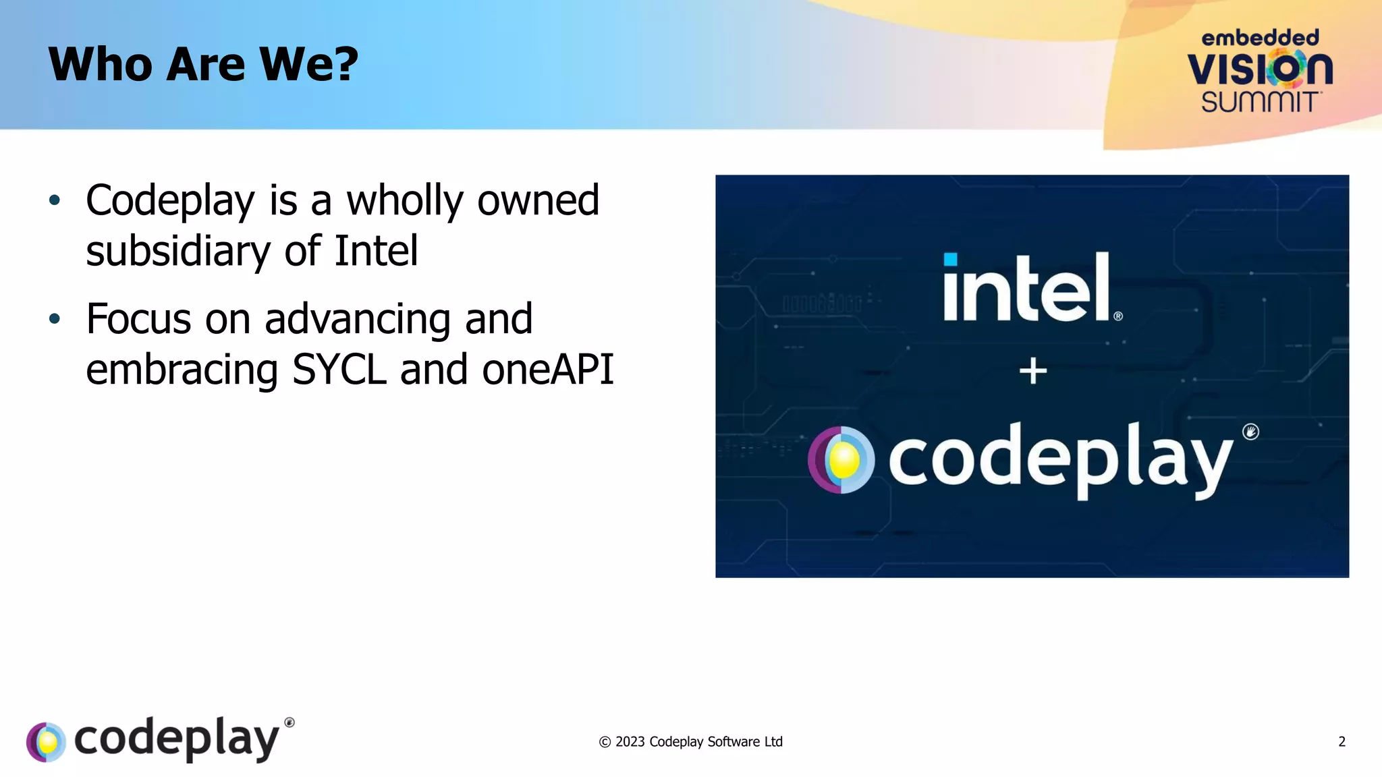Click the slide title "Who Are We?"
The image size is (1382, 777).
tap(203, 65)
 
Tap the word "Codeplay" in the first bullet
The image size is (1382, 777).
tap(170, 201)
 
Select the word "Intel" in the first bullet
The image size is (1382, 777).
tap(376, 252)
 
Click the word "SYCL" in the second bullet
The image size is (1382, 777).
tap(339, 370)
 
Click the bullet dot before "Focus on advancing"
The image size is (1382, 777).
tap(55, 319)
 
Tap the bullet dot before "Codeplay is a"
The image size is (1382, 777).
tap(55, 200)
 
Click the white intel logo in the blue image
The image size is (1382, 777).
tap(1028, 288)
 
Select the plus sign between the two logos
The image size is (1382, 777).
tap(1032, 371)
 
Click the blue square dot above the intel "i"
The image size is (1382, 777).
tap(950, 260)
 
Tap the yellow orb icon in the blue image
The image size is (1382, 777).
tap(841, 460)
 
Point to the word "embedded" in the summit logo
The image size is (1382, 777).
tap(1260, 38)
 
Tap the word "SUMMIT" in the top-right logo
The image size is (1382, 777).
tap(1260, 102)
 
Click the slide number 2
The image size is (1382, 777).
tap(1342, 742)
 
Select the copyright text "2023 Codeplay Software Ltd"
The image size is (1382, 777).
tap(698, 742)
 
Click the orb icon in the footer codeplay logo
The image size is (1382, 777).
tap(46, 742)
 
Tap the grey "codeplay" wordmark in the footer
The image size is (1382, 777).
tap(176, 739)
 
